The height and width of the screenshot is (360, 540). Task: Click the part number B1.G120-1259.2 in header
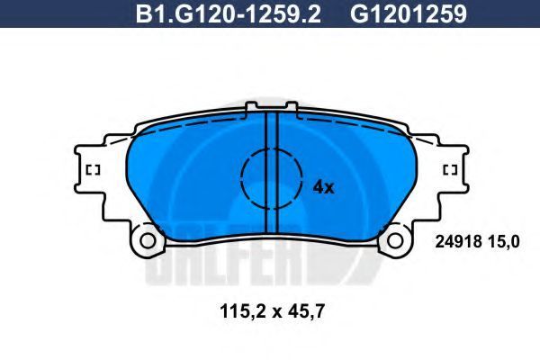tap(229, 13)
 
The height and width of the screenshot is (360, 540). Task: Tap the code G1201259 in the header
tap(409, 13)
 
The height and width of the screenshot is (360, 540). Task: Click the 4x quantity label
tap(323, 188)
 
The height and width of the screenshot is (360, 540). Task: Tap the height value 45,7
tap(304, 311)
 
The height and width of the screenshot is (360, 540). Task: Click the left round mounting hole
tap(148, 240)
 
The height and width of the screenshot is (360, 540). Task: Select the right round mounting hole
tap(395, 240)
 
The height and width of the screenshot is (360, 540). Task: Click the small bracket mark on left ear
tap(93, 170)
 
